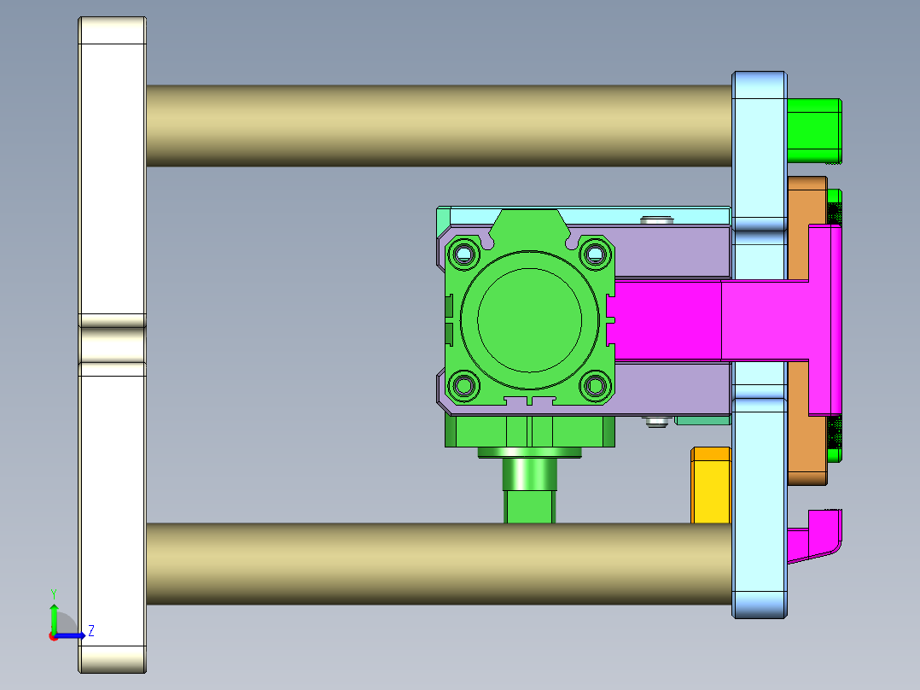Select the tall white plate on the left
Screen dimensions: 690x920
pos(112,188)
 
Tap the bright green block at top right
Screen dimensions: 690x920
pos(813,130)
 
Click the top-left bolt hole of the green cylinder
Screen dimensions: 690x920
pos(464,254)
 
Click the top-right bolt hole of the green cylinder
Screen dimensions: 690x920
pos(595,254)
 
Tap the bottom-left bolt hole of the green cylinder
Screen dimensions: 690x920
pos(464,386)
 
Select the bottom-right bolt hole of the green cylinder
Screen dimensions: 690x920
pos(595,386)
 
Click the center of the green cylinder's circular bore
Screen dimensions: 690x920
pos(529,319)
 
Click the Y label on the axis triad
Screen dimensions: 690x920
pos(54,593)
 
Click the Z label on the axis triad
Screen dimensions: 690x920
pos(90,631)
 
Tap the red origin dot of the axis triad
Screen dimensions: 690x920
pos(54,635)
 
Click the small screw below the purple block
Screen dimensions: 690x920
pos(655,421)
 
